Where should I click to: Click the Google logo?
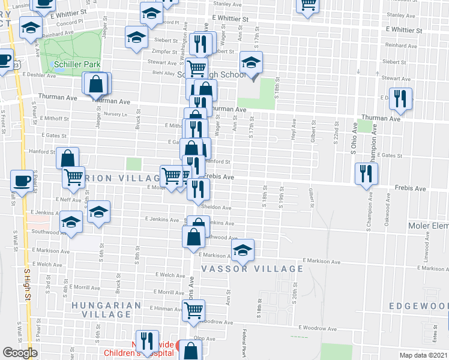[20, 353]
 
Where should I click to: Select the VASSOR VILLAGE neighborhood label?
[252, 269]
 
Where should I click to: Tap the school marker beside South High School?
[251, 62]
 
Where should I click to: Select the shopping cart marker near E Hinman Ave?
[194, 310]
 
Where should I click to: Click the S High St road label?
[26, 282]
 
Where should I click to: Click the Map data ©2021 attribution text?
[423, 355]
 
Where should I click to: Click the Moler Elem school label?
[427, 225]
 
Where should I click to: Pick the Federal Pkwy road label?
[245, 343]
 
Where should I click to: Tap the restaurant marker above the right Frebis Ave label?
[366, 174]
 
